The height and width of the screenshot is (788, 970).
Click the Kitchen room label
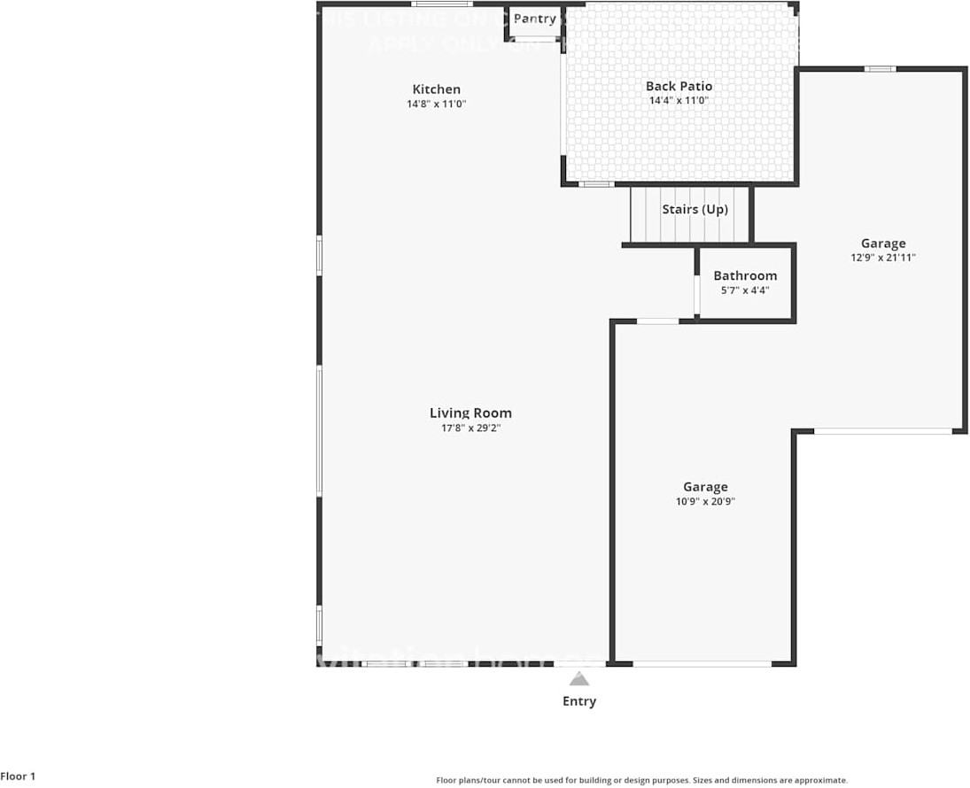pyautogui.click(x=436, y=89)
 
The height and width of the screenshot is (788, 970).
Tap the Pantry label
pyautogui.click(x=535, y=19)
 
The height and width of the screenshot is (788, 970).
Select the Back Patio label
pyautogui.click(x=679, y=86)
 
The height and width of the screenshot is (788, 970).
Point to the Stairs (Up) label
pyautogui.click(x=695, y=210)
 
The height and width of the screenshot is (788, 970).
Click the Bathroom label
pyautogui.click(x=745, y=275)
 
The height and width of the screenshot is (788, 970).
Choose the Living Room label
pyautogui.click(x=470, y=413)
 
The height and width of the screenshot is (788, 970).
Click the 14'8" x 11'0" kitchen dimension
pyautogui.click(x=436, y=104)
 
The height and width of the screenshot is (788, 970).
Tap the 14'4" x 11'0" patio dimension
pyautogui.click(x=679, y=100)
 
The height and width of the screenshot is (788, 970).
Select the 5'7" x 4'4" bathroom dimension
pyautogui.click(x=745, y=290)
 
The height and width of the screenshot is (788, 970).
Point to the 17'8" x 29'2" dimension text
pyautogui.click(x=470, y=428)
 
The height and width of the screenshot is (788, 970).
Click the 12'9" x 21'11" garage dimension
pyautogui.click(x=883, y=258)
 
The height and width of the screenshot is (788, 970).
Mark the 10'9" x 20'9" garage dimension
pyautogui.click(x=705, y=501)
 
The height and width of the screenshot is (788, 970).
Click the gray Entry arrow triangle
pyautogui.click(x=579, y=679)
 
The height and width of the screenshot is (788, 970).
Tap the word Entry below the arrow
pyautogui.click(x=579, y=701)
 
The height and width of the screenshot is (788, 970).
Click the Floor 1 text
pyautogui.click(x=19, y=776)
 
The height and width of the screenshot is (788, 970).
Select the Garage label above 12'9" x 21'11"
pyautogui.click(x=883, y=243)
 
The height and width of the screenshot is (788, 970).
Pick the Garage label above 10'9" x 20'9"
pyautogui.click(x=705, y=487)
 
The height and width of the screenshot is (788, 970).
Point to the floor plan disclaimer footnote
pyautogui.click(x=641, y=780)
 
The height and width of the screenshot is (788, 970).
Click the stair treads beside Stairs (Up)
pyautogui.click(x=645, y=214)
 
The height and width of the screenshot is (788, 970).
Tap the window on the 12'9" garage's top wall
pyautogui.click(x=880, y=69)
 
